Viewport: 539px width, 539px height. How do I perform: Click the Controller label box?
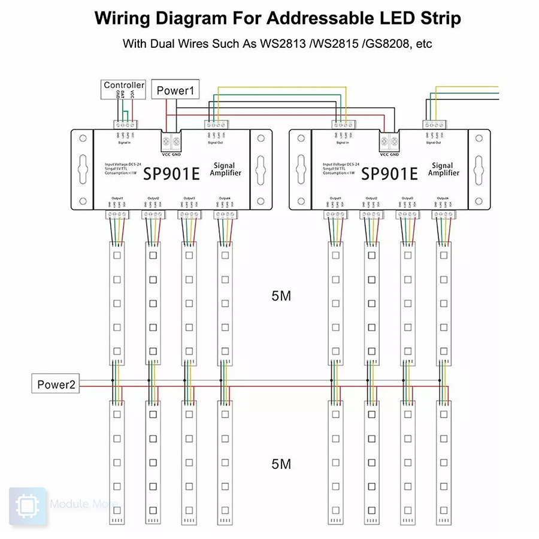coord(124,86)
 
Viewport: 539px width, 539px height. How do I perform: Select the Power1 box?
coord(175,91)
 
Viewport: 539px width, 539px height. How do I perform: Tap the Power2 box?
coord(56,384)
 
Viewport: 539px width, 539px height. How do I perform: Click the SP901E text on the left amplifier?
coord(171,174)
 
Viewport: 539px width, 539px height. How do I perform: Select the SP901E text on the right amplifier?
coord(389,174)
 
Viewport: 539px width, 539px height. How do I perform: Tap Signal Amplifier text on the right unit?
coord(443,169)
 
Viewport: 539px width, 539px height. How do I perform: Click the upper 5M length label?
coord(281,296)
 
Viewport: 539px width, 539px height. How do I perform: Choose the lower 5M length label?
coord(281,464)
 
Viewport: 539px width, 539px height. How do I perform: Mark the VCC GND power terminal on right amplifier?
coord(389,142)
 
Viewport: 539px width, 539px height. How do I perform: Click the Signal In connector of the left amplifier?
coord(126,125)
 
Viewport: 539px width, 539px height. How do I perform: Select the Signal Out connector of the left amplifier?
coord(216,125)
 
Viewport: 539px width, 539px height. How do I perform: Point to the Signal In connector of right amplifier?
coord(343,125)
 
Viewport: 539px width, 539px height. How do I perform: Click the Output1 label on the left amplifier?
coord(117,198)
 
